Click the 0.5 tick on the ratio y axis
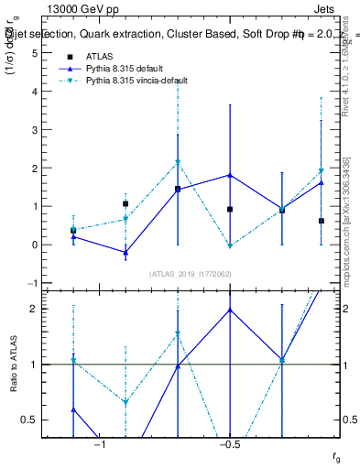pyautogui.click(x=31, y=420)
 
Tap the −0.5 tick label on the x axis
pyautogui.click(x=228, y=445)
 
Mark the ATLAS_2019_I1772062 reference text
pyautogui.click(x=191, y=274)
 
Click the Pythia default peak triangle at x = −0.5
pyautogui.click(x=230, y=175)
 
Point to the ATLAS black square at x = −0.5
pyautogui.click(x=230, y=210)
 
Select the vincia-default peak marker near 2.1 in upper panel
pyautogui.click(x=178, y=163)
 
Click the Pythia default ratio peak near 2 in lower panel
pyautogui.click(x=230, y=310)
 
